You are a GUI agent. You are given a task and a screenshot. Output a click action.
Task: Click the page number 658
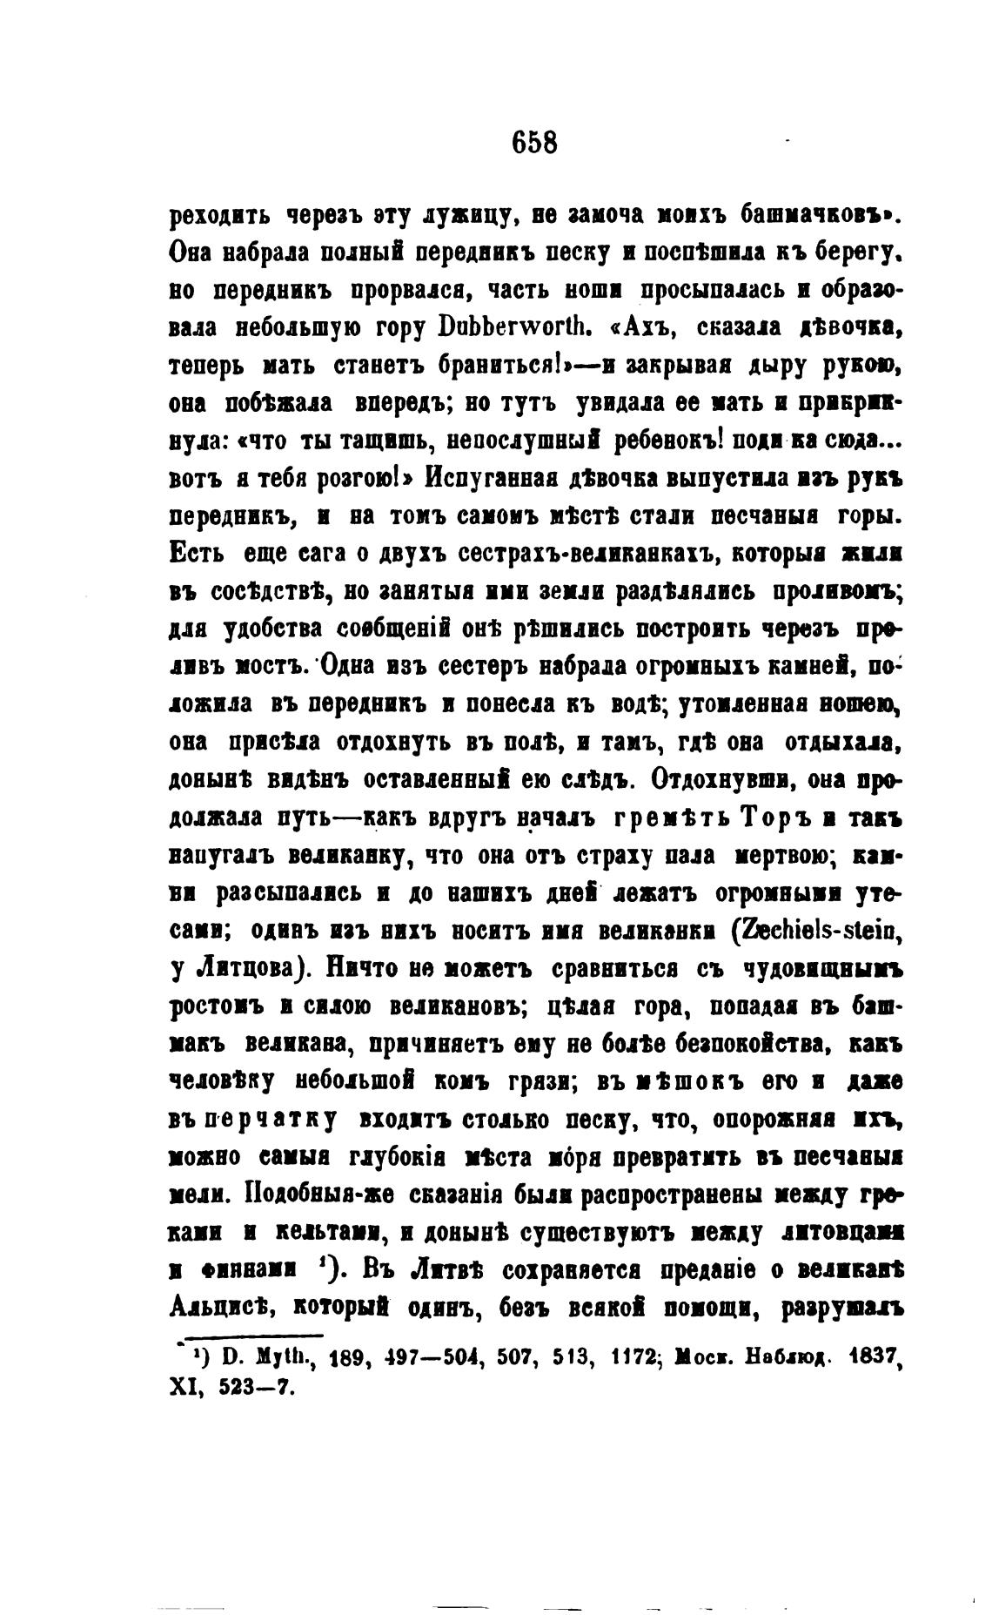(534, 141)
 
